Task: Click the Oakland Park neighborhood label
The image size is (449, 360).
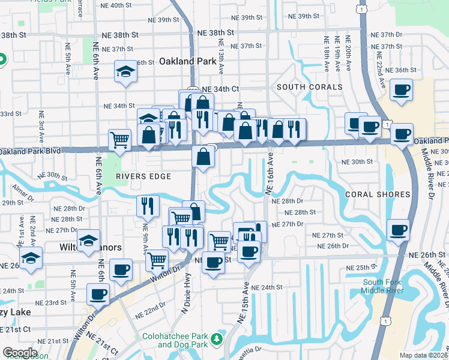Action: point(186,61)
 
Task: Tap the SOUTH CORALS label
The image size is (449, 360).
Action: point(310,88)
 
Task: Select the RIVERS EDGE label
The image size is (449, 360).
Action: point(144,176)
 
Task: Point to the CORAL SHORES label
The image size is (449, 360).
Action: point(378,194)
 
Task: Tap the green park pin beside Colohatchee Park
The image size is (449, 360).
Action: point(220,340)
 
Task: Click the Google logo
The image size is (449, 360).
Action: point(20,353)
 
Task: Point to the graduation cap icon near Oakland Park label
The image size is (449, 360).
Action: point(126,71)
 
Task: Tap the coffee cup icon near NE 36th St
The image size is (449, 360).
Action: point(400,90)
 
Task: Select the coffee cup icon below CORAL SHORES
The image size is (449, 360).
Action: point(398,230)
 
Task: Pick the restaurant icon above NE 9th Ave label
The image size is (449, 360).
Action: point(147,206)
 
